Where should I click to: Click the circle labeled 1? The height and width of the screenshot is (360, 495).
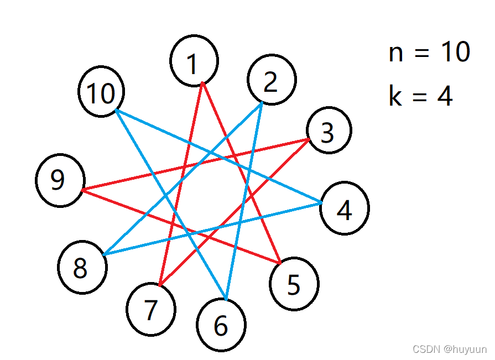[194, 61]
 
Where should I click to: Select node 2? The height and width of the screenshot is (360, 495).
[272, 80]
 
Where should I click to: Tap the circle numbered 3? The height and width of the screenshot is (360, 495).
[329, 131]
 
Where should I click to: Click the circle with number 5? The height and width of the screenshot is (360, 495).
[294, 284]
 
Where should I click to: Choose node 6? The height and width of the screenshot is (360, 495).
[221, 326]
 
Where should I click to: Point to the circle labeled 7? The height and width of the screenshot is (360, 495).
[151, 310]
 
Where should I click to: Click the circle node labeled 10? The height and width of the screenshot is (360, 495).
[101, 92]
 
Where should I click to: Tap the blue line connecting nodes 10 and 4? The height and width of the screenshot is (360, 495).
[166, 133]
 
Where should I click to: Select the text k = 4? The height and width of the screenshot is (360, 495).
[421, 96]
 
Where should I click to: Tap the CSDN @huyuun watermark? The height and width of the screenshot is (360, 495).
[450, 349]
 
